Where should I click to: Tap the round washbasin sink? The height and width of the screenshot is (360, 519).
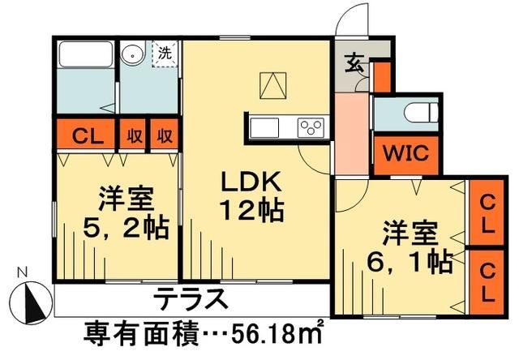point(131,55)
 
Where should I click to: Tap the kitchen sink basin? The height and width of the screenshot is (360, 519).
point(265,128)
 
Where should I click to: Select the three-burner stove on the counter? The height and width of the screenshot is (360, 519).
point(311,128)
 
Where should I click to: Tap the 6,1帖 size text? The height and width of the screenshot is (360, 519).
point(407,261)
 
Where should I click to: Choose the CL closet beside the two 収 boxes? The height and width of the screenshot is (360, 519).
point(84,135)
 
